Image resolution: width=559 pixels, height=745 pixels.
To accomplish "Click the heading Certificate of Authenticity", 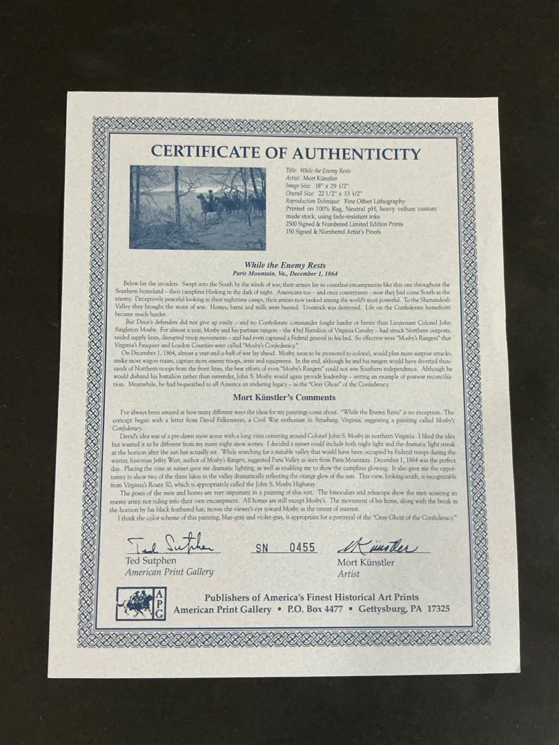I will (285, 152).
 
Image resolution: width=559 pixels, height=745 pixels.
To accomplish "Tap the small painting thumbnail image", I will (197, 207).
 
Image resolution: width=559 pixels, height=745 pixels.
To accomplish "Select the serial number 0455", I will (302, 548).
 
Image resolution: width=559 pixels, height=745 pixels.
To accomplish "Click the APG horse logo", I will (141, 604).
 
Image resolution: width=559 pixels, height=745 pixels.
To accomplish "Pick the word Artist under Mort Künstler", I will (349, 573).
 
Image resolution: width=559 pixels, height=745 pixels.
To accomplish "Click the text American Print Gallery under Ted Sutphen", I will (170, 572).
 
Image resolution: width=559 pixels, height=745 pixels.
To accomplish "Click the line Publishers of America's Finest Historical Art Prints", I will (311, 597).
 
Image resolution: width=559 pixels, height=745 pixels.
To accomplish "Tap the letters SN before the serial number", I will (263, 548).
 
